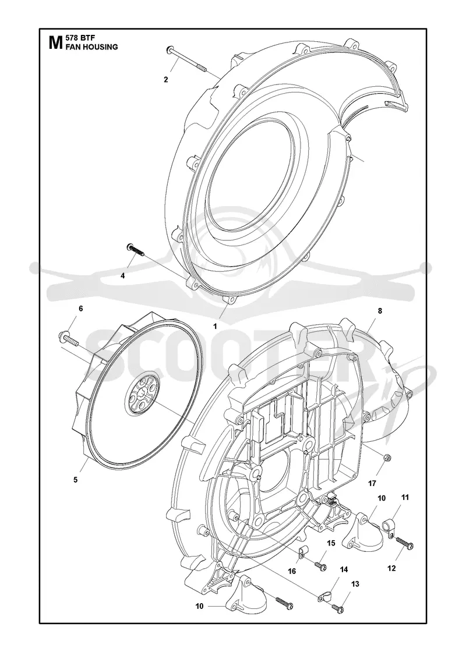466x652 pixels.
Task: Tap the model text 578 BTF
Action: [x=79, y=38]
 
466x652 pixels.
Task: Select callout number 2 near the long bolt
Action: [x=166, y=80]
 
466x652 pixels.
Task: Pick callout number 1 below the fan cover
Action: [x=215, y=327]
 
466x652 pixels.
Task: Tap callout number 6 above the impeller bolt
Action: [x=81, y=308]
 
